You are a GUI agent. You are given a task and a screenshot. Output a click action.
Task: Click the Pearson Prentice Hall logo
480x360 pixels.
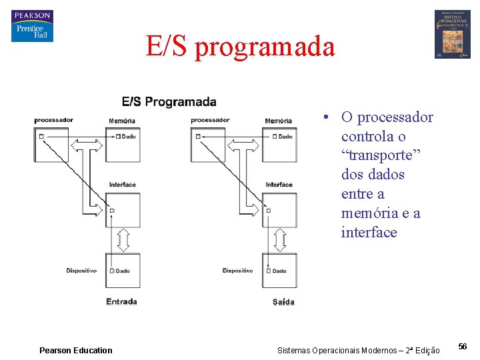click(x=32, y=26)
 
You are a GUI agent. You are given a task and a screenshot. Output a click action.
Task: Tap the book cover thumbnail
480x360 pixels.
click(x=452, y=34)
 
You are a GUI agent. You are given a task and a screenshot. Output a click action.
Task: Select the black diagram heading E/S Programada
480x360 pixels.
click(x=169, y=102)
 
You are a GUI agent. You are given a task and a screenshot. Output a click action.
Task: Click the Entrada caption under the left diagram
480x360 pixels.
click(x=121, y=302)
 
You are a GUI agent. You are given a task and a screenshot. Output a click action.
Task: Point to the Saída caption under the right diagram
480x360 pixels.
click(x=283, y=302)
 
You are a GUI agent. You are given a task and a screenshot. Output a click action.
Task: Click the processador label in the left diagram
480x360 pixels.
click(x=53, y=120)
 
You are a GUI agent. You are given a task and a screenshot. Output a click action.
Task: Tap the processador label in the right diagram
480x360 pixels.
click(x=210, y=120)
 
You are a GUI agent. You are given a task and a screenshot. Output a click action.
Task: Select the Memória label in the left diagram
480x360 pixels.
click(x=122, y=121)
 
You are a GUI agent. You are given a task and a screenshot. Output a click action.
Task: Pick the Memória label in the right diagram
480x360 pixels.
click(x=279, y=121)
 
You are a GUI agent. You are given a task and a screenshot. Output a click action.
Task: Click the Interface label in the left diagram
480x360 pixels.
click(x=122, y=185)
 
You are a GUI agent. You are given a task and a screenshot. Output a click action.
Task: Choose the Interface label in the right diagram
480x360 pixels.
click(x=279, y=185)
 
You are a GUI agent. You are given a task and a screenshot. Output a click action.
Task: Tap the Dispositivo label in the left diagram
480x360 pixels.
click(x=81, y=271)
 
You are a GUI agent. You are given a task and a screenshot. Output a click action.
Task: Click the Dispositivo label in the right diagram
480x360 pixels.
click(x=238, y=271)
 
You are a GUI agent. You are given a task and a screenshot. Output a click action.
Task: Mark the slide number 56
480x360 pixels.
click(x=463, y=347)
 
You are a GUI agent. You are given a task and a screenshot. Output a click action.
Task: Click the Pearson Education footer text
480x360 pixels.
click(x=76, y=350)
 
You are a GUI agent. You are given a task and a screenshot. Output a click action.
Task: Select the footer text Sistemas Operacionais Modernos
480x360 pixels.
click(x=358, y=351)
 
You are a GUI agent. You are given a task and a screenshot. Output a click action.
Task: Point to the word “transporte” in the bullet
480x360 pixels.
click(x=375, y=155)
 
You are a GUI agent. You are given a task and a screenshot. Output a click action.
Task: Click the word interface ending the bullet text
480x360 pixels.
click(x=369, y=233)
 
